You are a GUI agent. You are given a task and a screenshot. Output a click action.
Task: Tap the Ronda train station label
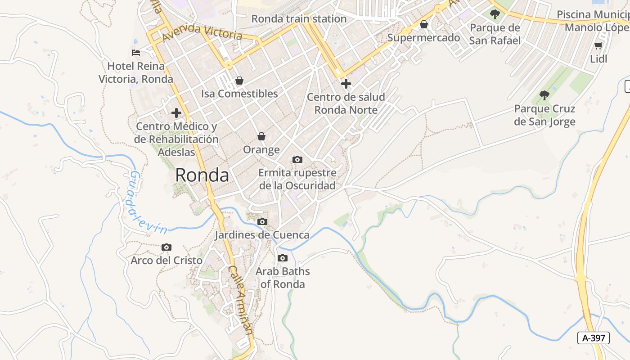tap(299, 19)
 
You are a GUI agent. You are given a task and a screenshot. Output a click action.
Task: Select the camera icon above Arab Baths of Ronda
tap(283, 258)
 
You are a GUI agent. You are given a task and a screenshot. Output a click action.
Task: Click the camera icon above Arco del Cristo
tap(166, 247)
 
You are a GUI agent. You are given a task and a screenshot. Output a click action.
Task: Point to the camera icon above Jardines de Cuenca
tap(262, 221)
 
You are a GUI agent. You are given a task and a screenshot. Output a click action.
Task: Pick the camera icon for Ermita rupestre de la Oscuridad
tap(297, 159)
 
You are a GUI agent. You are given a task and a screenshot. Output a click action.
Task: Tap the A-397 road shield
tap(594, 338)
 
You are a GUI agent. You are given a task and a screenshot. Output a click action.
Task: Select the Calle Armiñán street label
tap(240, 299)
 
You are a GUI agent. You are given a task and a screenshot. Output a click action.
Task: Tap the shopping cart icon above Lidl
tap(598, 45)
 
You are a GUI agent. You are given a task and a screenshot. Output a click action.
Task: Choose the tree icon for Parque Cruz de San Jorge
tap(544, 95)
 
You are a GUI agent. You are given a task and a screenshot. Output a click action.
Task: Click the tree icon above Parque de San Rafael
tap(495, 14)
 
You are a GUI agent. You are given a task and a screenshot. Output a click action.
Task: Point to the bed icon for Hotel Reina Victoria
tap(136, 53)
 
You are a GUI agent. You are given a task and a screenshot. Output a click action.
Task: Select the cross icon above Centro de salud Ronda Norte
tap(346, 84)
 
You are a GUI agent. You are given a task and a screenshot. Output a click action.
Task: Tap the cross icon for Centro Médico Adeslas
tap(176, 112)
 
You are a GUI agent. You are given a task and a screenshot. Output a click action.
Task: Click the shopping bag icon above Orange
tap(261, 136)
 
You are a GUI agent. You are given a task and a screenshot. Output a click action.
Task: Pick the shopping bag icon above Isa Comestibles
tap(239, 81)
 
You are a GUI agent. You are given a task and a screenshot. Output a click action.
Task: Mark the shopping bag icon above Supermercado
tap(423, 24)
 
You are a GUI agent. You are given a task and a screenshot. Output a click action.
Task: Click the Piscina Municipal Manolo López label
tap(594, 21)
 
